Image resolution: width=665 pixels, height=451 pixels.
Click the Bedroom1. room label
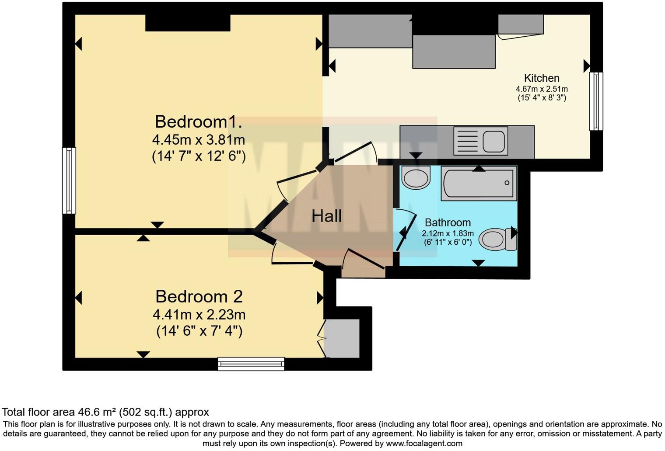pos(199,121)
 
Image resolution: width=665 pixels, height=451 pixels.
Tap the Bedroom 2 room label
pos(199,297)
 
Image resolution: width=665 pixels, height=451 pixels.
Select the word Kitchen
pos(542,78)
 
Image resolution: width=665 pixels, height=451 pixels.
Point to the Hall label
pos(326,216)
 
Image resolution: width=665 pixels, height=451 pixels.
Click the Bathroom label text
pos(448,222)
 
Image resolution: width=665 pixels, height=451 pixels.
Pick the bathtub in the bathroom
pos(479,183)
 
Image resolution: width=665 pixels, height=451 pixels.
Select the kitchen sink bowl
pos(494,141)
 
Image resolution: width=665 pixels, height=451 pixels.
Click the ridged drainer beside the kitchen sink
pos(468,141)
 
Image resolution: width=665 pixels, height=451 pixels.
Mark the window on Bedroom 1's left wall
pos(69,180)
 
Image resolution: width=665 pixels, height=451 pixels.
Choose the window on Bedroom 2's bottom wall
pos(251,364)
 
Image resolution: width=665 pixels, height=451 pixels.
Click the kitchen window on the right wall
pos(596,101)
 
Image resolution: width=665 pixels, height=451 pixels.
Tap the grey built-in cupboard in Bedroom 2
pos(342,338)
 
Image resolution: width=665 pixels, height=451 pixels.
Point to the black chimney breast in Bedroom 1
pos(188,23)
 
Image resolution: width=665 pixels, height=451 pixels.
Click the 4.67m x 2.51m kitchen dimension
pos(542,89)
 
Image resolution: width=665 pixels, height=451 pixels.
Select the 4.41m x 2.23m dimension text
pos(199,315)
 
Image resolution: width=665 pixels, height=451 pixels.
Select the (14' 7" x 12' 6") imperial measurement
pos(199,156)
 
